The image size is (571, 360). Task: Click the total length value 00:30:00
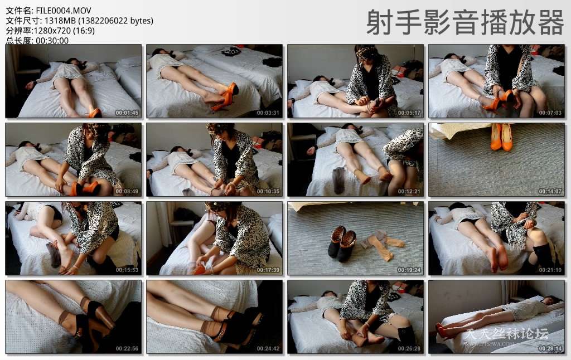coord(52,41)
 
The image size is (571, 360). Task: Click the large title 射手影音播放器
coord(465,23)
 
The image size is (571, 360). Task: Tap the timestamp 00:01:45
coord(127,113)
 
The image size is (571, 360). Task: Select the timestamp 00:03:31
coord(268,113)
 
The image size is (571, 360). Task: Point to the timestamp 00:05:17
coord(409,113)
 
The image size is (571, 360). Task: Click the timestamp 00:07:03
coord(550,113)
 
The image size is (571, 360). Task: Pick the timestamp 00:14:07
coord(550,191)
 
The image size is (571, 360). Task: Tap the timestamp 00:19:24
coord(409,270)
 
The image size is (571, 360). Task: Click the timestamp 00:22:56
coord(127,348)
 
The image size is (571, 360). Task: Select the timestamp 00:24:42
coord(268,348)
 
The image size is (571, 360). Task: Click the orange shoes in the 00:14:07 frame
coord(501,137)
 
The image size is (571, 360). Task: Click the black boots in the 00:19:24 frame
coord(342,243)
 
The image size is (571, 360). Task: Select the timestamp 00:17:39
coord(268,270)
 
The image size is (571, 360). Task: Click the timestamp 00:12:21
coord(409,191)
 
